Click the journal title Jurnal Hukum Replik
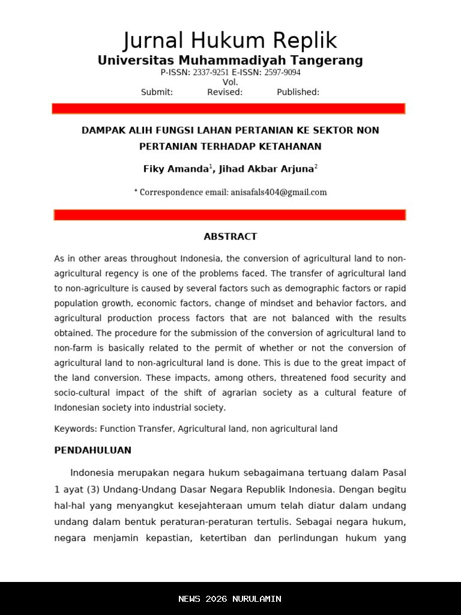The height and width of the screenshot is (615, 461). coord(230,41)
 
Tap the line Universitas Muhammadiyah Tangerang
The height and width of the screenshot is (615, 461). coord(230,61)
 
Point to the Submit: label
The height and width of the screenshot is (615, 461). coord(157,92)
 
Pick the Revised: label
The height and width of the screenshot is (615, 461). coord(224,92)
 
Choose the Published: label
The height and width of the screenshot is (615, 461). coord(298,92)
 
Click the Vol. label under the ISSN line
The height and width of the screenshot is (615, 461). coord(230,82)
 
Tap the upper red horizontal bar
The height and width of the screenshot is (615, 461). coord(229,109)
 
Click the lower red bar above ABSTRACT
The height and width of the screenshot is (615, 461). coord(230,215)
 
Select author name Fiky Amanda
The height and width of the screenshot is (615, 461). coord(175,169)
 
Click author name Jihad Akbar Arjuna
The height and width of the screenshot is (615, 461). coord(266,169)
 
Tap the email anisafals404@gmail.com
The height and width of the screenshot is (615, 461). coord(279,193)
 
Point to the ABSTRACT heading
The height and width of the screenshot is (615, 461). coord(230,237)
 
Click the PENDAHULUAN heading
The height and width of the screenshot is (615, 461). coord(92,450)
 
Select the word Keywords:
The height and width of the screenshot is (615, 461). coord(76,429)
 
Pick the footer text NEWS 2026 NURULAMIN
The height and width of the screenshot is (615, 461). coord(230,599)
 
